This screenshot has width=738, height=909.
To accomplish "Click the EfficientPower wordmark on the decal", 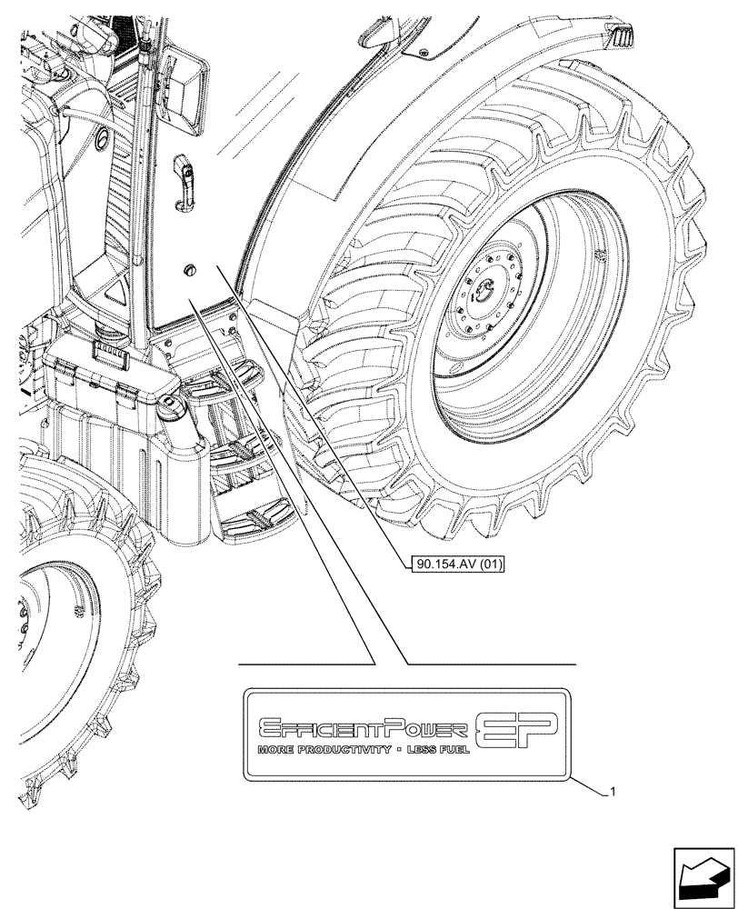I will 364,728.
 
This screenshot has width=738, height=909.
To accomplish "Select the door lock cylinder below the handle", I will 190,268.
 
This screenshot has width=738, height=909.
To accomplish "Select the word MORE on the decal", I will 275,752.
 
